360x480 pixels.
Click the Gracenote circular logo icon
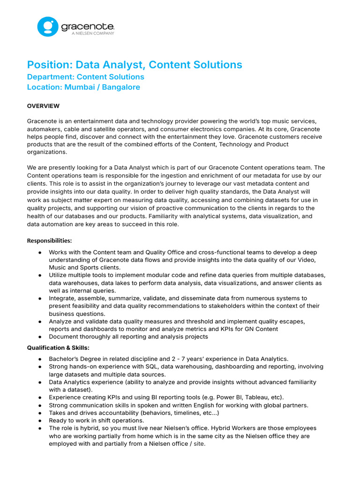coord(47,27)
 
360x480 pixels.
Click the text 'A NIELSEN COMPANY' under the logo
coord(93,33)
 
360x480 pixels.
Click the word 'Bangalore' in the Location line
coord(121,87)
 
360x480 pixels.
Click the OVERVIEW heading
coord(43,106)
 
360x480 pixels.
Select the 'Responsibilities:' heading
coord(49,241)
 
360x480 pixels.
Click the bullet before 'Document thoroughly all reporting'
coord(40,337)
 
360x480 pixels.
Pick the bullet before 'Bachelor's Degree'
coord(40,359)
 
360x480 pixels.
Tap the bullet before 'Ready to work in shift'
coord(40,420)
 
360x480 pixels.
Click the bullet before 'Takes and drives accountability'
coord(40,413)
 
